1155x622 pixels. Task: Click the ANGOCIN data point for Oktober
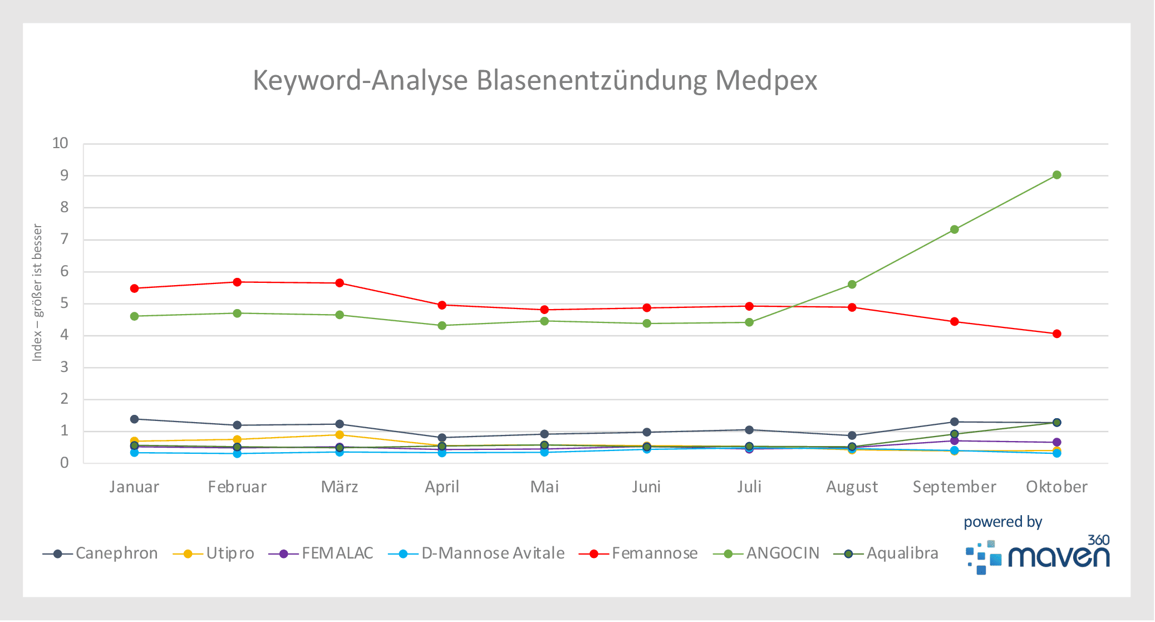[1056, 175]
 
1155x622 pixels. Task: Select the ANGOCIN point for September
[954, 229]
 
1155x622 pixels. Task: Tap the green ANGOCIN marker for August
[852, 285]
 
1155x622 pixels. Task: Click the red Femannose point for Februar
[237, 282]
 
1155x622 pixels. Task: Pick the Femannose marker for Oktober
[1056, 334]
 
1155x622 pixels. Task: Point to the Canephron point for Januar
[134, 419]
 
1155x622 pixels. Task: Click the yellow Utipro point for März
[340, 435]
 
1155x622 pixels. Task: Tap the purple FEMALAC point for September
[954, 441]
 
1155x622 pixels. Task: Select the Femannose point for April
[442, 305]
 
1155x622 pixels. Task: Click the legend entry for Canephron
[100, 554]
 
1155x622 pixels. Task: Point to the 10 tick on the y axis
[60, 144]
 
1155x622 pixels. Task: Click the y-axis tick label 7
[65, 239]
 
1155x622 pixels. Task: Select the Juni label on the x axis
[646, 487]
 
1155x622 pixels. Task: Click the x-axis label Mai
[544, 487]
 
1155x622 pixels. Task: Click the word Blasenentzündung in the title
[592, 80]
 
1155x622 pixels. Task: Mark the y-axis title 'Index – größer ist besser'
[37, 293]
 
